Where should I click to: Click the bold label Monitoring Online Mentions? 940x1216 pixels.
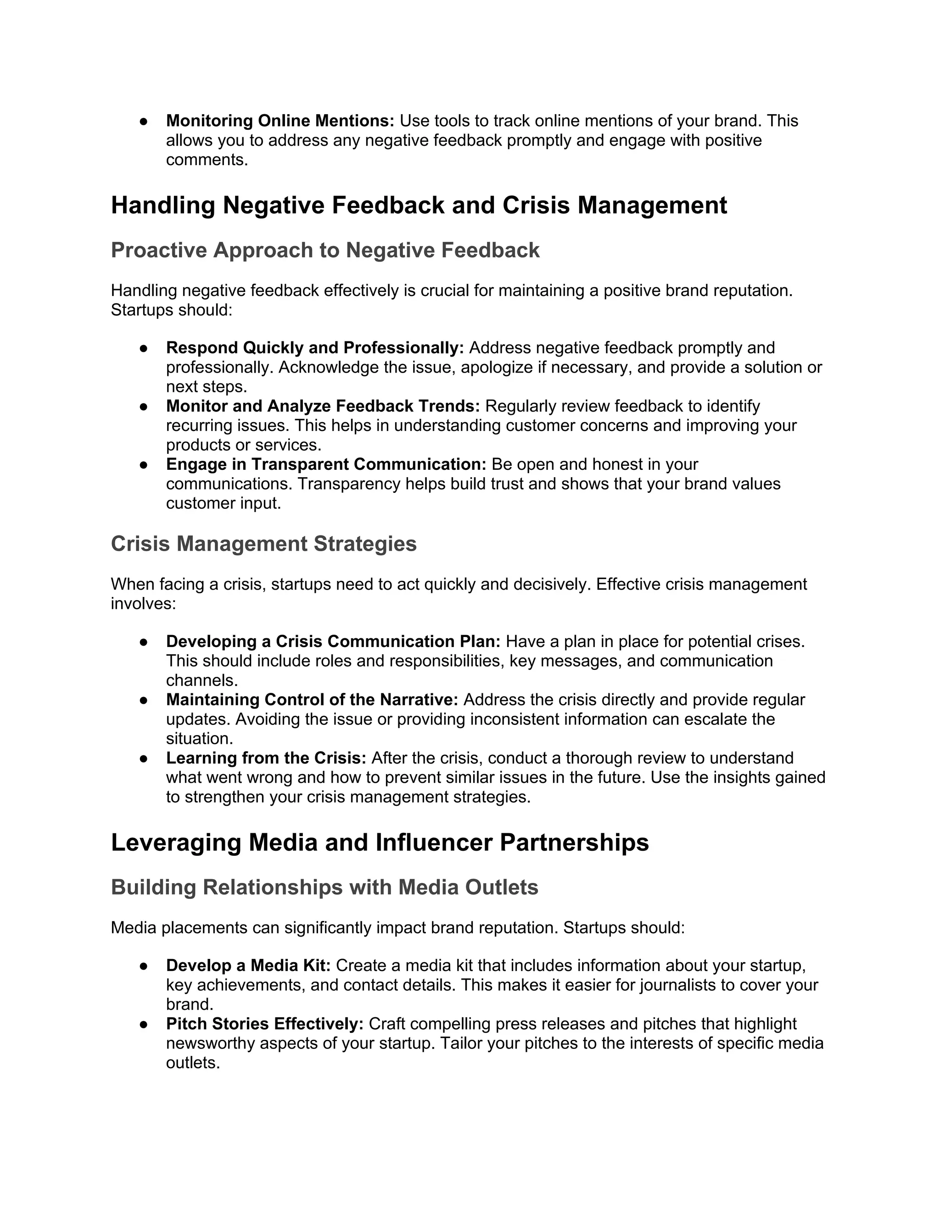tap(280, 121)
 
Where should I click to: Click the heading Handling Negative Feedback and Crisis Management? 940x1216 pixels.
tap(419, 206)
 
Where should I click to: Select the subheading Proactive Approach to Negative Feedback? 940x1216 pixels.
tap(325, 251)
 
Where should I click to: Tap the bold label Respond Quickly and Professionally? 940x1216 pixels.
tap(314, 348)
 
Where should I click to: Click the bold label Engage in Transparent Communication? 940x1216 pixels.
tap(326, 464)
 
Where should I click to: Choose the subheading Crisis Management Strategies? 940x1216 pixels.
tap(263, 544)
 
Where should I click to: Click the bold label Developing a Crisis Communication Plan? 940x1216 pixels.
tap(333, 641)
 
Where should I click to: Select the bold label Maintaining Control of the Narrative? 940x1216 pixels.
tap(312, 700)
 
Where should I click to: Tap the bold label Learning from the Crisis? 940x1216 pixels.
tap(266, 759)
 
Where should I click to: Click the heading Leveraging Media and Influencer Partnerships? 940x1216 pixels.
tap(380, 842)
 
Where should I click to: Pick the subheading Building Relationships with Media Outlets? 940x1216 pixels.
tap(325, 887)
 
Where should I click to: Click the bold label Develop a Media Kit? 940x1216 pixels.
tap(248, 965)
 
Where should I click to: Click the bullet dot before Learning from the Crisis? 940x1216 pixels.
tap(144, 759)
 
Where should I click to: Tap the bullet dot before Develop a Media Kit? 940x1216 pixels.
tap(144, 965)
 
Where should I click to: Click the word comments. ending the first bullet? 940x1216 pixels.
tap(207, 160)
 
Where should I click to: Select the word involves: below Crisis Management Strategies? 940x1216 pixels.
tap(143, 604)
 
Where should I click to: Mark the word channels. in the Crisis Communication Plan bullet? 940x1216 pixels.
tap(202, 681)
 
